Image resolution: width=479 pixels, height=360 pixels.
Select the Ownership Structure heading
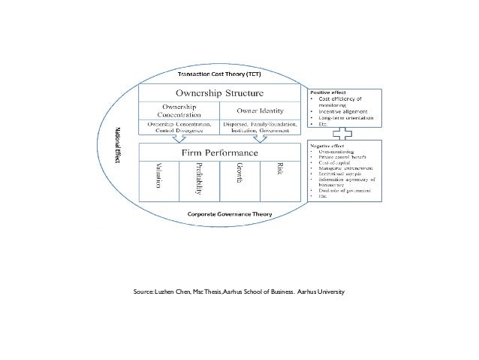point(219,94)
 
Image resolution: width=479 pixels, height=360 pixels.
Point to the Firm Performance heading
point(219,153)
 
